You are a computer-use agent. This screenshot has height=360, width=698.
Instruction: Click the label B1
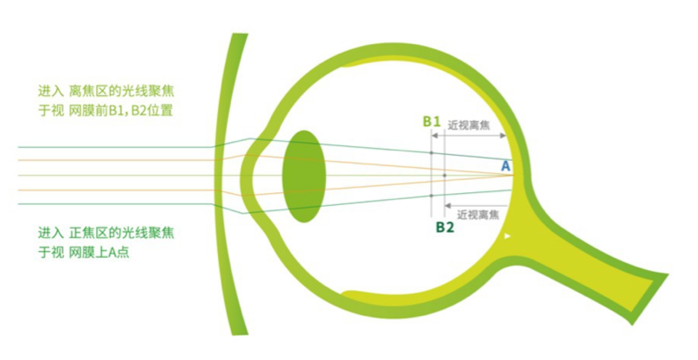[x=432, y=122]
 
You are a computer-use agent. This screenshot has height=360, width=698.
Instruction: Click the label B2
[x=445, y=228]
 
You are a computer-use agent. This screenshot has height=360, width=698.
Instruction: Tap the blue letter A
[x=506, y=164]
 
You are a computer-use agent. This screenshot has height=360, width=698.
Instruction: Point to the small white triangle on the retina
[x=509, y=235]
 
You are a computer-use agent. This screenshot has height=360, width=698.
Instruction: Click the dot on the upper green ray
[x=431, y=154]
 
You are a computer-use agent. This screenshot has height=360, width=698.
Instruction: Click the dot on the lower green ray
[x=431, y=196]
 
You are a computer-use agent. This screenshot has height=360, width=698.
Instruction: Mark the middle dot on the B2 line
[x=444, y=176]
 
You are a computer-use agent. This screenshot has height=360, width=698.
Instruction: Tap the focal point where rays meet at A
[x=512, y=175]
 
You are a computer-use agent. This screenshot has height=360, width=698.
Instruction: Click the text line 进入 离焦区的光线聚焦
[x=112, y=90]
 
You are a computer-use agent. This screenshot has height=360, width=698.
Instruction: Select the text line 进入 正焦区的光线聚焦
[x=112, y=234]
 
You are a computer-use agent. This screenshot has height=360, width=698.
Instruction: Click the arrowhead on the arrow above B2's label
[x=446, y=205]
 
